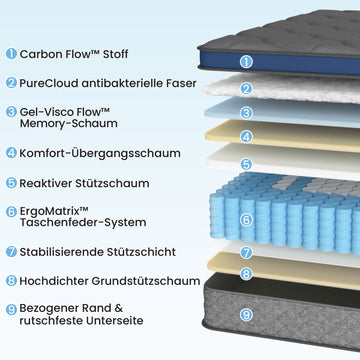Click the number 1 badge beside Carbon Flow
click(11, 54)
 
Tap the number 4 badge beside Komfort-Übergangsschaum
click(11, 153)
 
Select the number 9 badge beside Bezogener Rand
click(11, 310)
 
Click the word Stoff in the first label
click(115, 54)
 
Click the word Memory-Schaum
click(69, 123)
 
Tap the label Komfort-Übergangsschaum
click(100, 153)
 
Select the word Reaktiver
click(45, 183)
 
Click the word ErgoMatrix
click(49, 211)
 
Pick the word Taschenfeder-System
click(83, 222)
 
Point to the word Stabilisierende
click(61, 252)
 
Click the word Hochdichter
click(54, 281)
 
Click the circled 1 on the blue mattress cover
click(246, 62)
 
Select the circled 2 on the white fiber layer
click(246, 89)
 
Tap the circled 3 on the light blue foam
click(246, 113)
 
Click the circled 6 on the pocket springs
click(246, 220)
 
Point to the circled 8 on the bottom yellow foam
click(246, 274)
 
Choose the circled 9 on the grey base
click(246, 315)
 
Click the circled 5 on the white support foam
click(246, 164)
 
